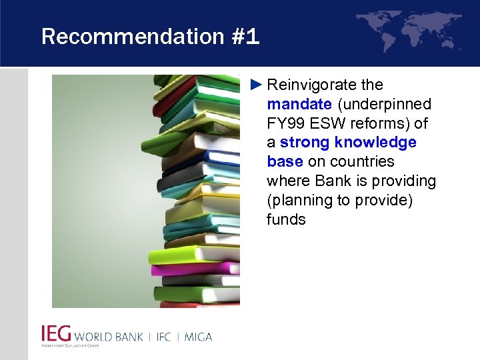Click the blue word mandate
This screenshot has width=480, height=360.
point(299,105)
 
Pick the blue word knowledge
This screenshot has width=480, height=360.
point(380,143)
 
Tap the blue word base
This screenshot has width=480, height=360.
point(285,162)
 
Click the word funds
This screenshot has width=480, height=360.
point(286,220)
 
